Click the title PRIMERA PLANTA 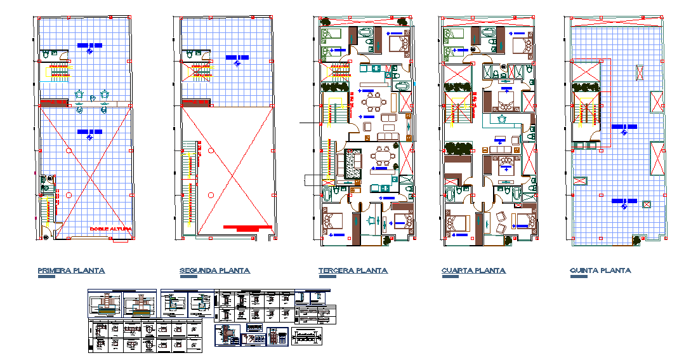click(71, 270)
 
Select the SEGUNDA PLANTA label click(214, 270)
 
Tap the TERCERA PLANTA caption click(353, 270)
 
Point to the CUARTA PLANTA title click(473, 270)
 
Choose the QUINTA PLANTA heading click(600, 270)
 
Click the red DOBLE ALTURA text click(110, 229)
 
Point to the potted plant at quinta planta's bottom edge click(636, 240)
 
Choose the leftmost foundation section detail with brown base click(105, 305)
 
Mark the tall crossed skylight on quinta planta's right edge click(657, 159)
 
